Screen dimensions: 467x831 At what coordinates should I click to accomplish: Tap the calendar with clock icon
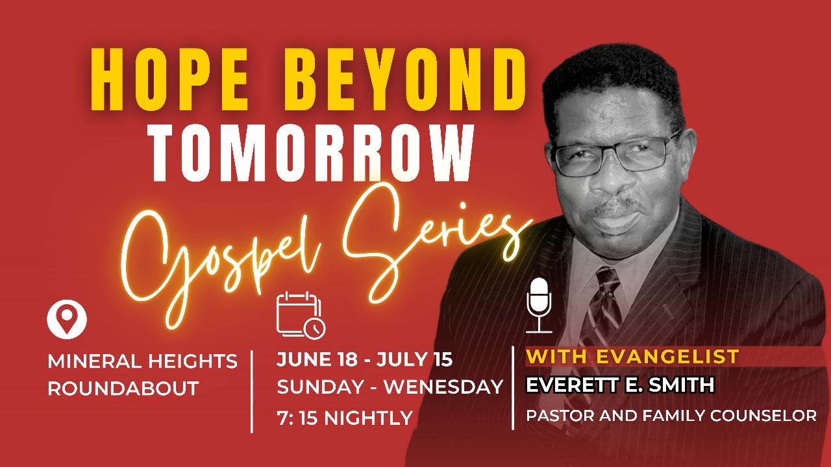coord(301,315)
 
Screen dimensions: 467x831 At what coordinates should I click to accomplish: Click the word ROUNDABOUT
coord(123,389)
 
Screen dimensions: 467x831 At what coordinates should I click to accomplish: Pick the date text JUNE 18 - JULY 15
coord(364,359)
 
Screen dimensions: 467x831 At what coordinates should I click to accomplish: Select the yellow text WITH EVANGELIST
coord(632,356)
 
